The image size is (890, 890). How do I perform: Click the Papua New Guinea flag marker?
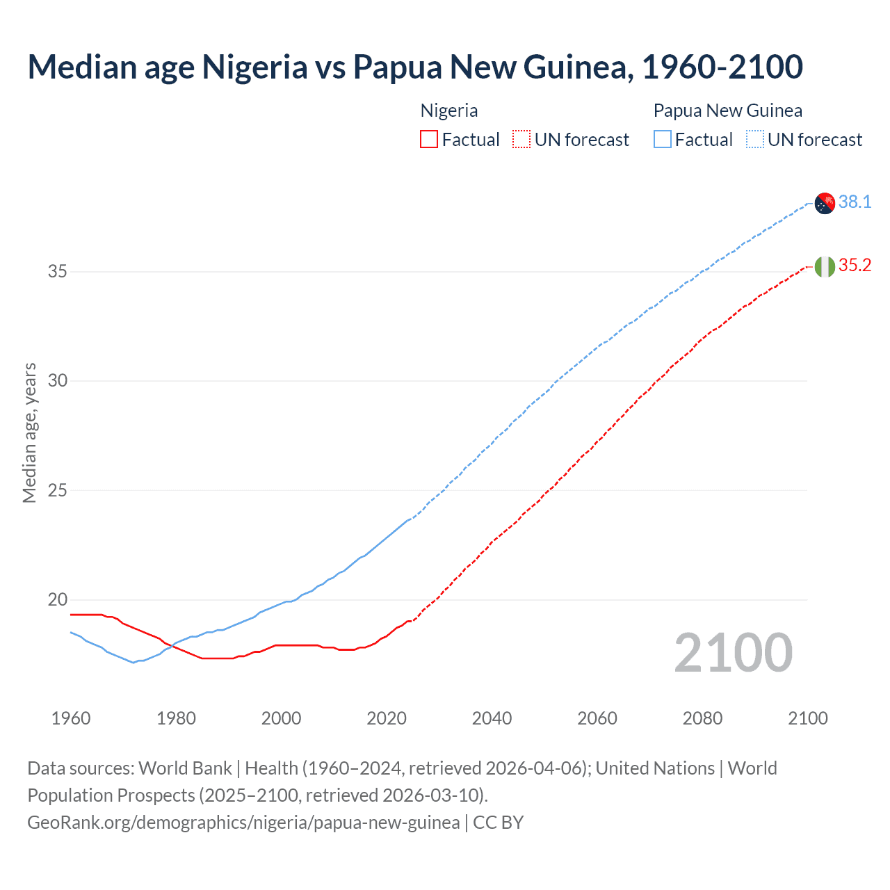(x=824, y=203)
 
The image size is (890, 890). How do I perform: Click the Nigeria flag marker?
(x=824, y=266)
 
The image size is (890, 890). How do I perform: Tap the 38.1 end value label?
(x=855, y=202)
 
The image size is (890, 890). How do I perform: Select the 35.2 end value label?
(x=855, y=265)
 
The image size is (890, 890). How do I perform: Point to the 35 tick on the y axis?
(x=58, y=271)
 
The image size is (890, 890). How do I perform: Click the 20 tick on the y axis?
(x=58, y=599)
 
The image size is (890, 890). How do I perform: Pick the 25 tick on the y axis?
(x=58, y=490)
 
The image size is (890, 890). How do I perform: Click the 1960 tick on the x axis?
(x=71, y=718)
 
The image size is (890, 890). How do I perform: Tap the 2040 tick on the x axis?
(x=492, y=718)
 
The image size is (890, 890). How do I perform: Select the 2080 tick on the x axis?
(x=702, y=718)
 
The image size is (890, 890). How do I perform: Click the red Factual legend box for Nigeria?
(x=429, y=140)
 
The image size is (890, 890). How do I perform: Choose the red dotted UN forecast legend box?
(x=521, y=140)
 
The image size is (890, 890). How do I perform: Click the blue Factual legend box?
(x=663, y=140)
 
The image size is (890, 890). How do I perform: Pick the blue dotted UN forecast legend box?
(x=755, y=140)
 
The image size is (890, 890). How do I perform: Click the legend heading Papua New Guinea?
(x=727, y=111)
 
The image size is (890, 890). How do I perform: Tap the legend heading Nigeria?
(x=449, y=111)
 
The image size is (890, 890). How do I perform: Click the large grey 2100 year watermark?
(x=733, y=652)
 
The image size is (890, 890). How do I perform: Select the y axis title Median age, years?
(x=29, y=432)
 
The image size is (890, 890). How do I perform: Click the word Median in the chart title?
(x=82, y=67)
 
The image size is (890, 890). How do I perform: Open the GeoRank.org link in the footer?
(x=243, y=823)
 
